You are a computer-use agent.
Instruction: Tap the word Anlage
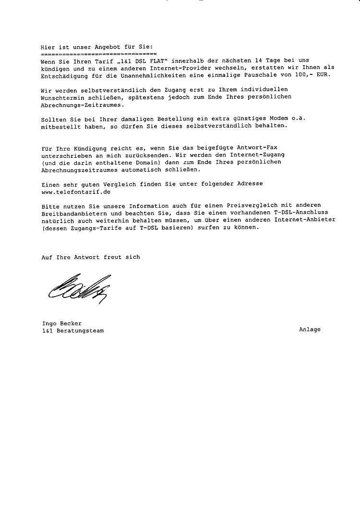tap(310, 330)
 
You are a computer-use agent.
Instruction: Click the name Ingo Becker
tap(61, 324)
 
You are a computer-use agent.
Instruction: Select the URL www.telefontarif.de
tap(76, 191)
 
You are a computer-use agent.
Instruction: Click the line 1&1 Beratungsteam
tap(72, 331)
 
